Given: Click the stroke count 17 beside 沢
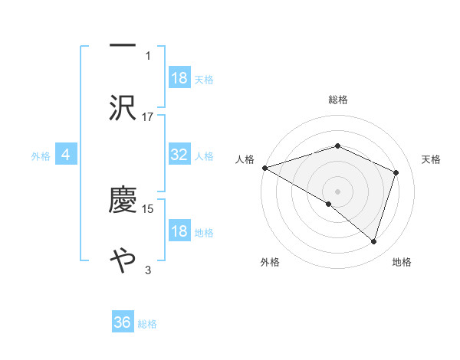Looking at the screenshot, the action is (x=148, y=116).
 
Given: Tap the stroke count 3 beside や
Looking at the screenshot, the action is (x=148, y=270).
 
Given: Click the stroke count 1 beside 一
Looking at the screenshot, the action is (x=148, y=55).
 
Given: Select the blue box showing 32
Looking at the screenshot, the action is (x=179, y=155).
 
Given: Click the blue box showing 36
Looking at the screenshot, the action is (x=123, y=322).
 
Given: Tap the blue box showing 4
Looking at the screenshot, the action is (x=66, y=155).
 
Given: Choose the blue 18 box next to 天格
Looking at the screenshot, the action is (x=179, y=78).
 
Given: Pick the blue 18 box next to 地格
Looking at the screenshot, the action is (x=179, y=231).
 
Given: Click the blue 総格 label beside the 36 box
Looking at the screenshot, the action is (x=147, y=324).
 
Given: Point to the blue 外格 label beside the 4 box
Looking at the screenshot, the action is (x=41, y=155).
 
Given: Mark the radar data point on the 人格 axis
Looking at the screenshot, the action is (x=264, y=168).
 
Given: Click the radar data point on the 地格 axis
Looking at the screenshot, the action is (x=373, y=241).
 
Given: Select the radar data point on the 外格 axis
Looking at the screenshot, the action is (x=329, y=204).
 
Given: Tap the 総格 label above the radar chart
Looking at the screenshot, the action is (x=338, y=100).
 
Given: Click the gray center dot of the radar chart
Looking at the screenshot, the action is (x=338, y=191).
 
